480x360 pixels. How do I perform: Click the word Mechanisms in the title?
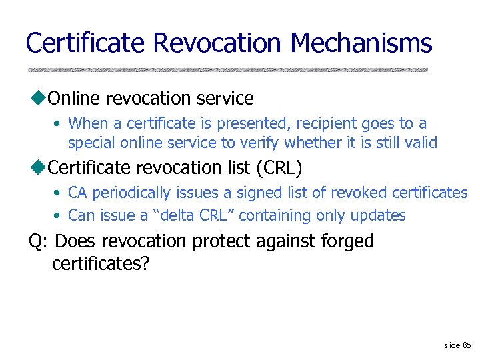click(361, 43)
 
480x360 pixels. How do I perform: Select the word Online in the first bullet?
click(75, 99)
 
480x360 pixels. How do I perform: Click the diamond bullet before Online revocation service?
click(36, 99)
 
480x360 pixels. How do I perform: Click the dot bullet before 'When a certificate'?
click(59, 124)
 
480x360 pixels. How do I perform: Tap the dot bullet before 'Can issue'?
click(59, 216)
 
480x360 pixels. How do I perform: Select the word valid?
click(420, 142)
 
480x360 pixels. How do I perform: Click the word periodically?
click(133, 193)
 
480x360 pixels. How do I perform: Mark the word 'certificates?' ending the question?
click(101, 264)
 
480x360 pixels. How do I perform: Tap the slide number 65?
click(467, 345)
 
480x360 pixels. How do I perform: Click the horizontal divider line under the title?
click(227, 69)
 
